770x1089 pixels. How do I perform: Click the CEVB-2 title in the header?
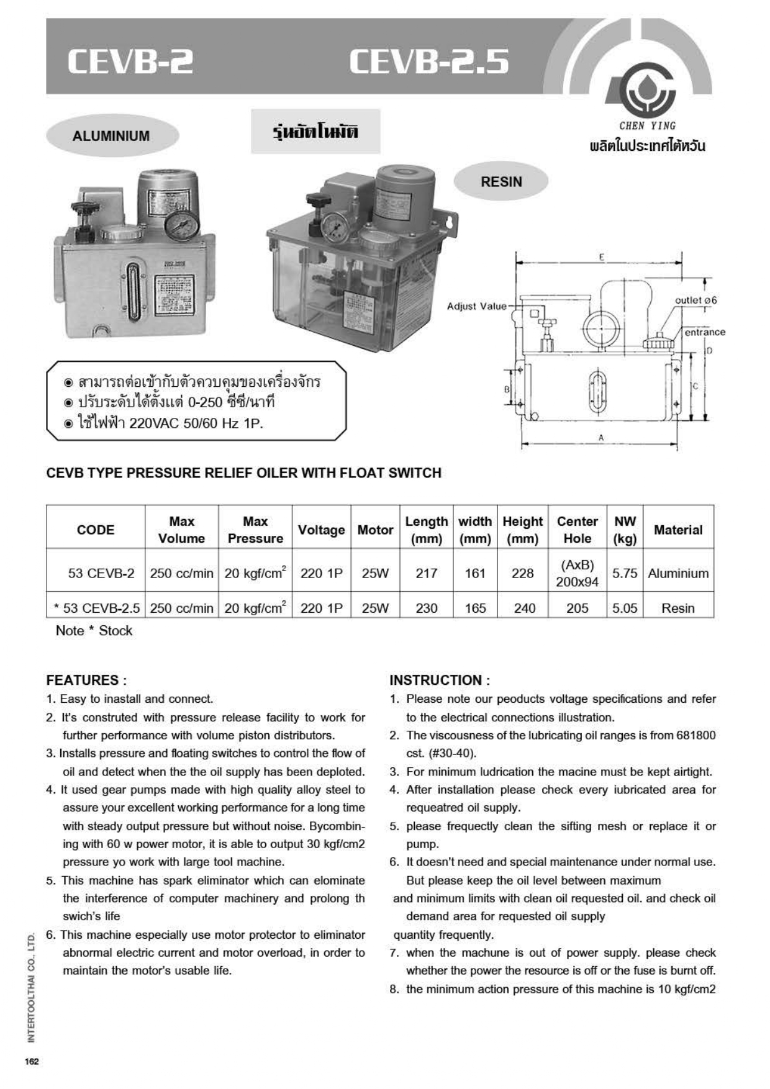130,62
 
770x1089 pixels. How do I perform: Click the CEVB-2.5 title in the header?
428,62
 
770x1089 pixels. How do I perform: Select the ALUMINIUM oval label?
112,136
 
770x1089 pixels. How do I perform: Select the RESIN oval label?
501,182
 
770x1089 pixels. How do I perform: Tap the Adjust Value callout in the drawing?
476,306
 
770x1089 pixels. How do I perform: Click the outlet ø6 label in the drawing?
695,300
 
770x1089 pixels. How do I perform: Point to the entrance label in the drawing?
704,332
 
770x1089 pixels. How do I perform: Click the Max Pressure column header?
255,530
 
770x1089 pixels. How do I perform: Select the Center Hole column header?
577,530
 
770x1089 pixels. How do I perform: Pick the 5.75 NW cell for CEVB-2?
625,573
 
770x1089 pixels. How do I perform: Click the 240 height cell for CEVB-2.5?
524,608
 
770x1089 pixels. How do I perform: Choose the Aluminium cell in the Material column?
678,573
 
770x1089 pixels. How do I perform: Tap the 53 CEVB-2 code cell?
101,573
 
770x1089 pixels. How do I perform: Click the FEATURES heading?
86,680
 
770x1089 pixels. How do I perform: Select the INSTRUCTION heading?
440,680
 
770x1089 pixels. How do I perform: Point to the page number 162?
32,1061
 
